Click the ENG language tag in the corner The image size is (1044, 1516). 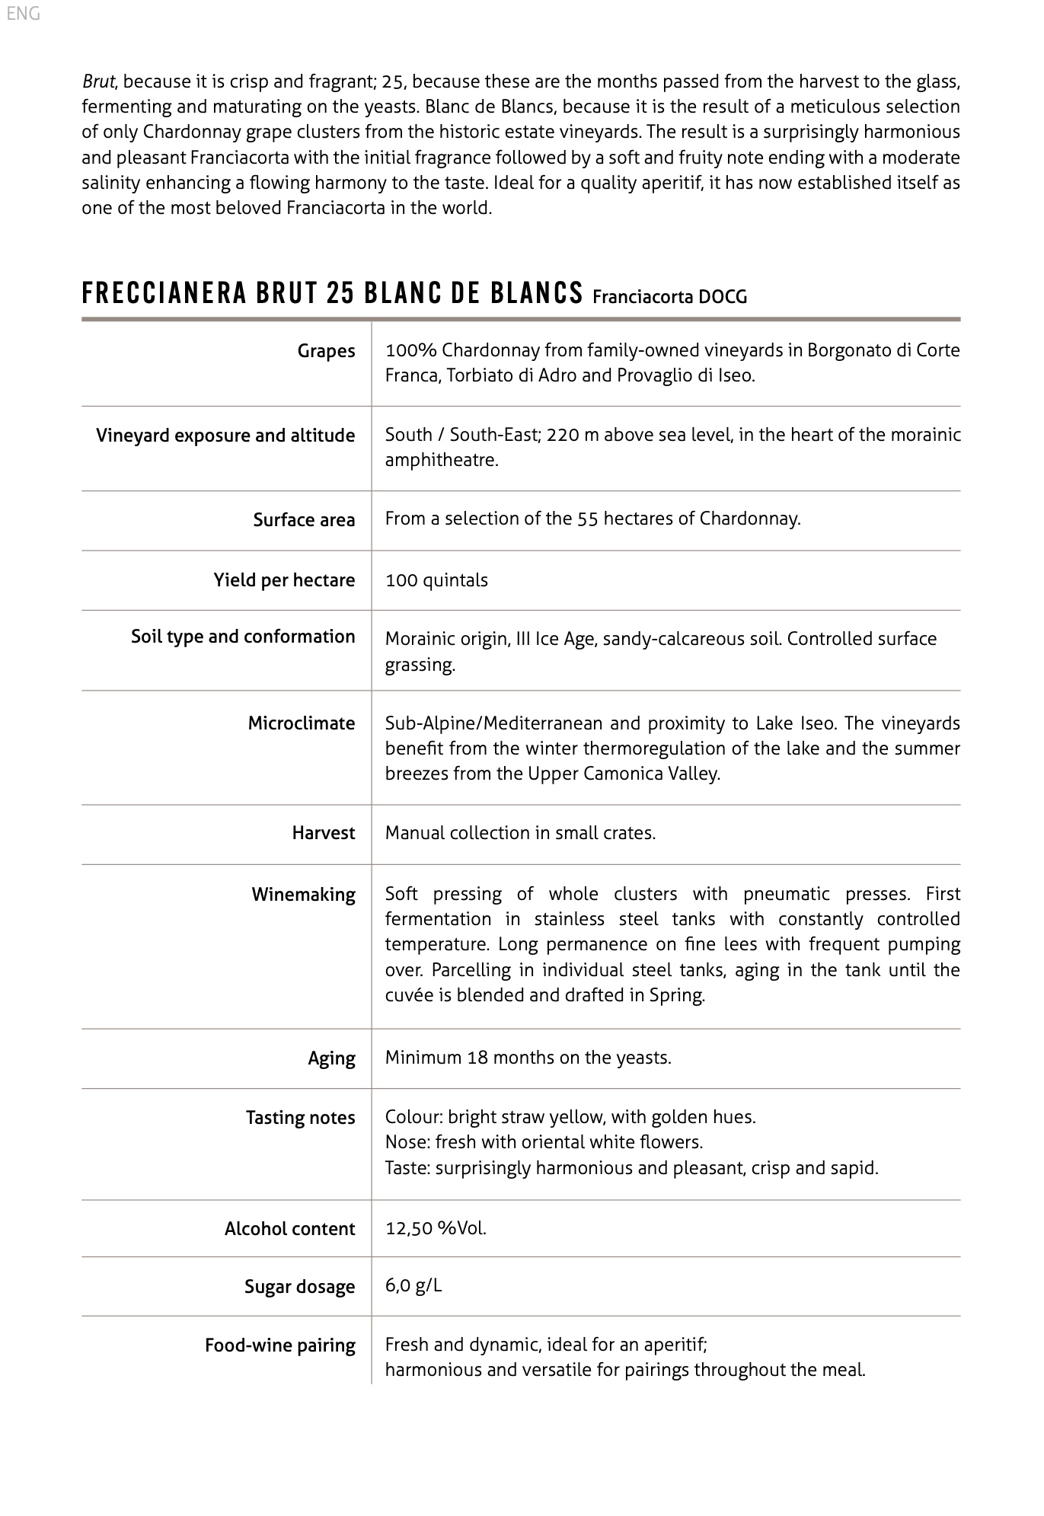pos(23,14)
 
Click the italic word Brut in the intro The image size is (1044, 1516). pos(98,81)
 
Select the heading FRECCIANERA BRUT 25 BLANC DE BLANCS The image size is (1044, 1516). pos(332,294)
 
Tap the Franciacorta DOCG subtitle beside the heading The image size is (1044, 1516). pos(669,297)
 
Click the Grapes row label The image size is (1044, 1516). pos(326,351)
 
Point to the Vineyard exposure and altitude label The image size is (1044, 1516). pos(225,436)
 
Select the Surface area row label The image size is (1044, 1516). pos(304,520)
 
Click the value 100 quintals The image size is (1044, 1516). pos(436,580)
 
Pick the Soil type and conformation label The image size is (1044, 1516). pos(243,637)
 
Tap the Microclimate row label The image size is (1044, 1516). pos(302,723)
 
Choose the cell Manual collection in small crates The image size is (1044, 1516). pos(520,833)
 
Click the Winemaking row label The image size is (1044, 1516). pos(303,895)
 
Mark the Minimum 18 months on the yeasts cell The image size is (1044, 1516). pos(528,1058)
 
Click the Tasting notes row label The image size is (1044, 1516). pos(300,1118)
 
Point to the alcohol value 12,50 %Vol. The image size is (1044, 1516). pos(436,1228)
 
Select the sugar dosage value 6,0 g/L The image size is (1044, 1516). pos(413,1286)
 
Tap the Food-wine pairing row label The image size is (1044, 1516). pos(279,1345)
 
